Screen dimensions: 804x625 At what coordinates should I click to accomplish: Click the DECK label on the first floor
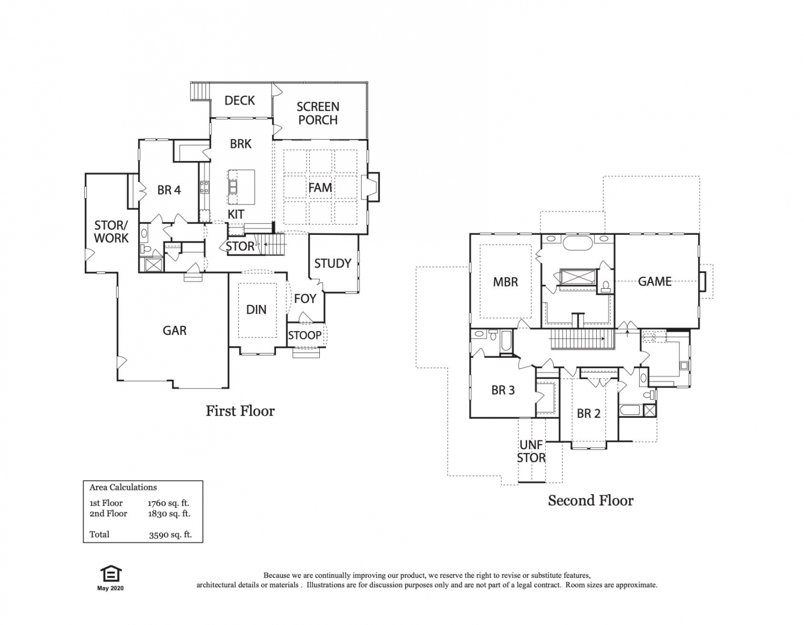click(x=239, y=100)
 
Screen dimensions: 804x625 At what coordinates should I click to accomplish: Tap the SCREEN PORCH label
click(x=318, y=113)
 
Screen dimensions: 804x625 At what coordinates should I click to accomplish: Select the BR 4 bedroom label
click(x=169, y=190)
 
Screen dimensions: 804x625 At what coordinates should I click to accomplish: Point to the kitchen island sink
click(x=233, y=187)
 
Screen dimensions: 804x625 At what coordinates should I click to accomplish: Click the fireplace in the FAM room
click(x=371, y=187)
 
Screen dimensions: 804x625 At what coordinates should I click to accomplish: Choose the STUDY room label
click(x=332, y=264)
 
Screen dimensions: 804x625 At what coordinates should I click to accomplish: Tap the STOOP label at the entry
click(x=305, y=335)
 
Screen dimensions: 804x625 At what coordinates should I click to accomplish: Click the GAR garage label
click(x=175, y=331)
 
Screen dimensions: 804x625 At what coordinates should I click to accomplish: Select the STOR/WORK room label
click(x=111, y=231)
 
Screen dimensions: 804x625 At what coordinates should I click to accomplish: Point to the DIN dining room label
click(x=256, y=310)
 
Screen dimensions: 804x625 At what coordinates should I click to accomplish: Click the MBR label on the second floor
click(x=506, y=282)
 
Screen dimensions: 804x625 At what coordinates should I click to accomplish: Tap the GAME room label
click(x=654, y=281)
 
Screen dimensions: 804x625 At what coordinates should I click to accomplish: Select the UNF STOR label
click(x=531, y=451)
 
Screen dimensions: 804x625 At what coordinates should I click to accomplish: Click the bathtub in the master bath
click(x=578, y=243)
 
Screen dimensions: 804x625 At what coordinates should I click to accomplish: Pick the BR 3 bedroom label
click(x=503, y=390)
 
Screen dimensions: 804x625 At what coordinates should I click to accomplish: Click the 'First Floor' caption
click(x=240, y=411)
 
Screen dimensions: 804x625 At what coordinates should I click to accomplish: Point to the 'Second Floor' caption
click(x=590, y=501)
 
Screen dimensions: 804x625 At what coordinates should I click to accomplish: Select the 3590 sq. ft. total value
click(x=170, y=535)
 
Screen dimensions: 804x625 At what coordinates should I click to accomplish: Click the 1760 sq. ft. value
click(x=169, y=503)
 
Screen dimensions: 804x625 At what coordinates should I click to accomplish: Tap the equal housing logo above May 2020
click(x=110, y=574)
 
